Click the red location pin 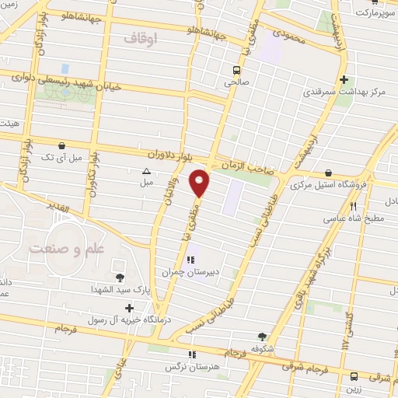tap(201, 182)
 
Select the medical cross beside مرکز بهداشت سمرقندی tap(344, 79)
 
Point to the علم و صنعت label tap(66, 250)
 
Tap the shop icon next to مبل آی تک tap(61, 145)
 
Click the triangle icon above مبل tap(146, 171)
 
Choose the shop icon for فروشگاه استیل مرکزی tap(329, 173)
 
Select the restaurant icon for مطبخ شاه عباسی tap(354, 207)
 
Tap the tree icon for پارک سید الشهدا tap(120, 278)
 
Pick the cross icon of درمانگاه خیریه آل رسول tap(129, 308)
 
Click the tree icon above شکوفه tap(262, 337)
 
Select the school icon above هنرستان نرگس tap(193, 354)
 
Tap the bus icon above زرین tap(354, 375)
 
